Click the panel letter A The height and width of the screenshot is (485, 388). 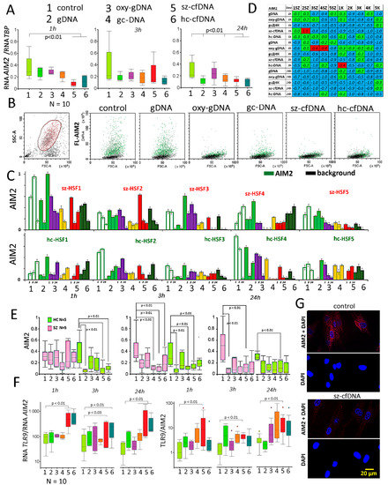point(8,9)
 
